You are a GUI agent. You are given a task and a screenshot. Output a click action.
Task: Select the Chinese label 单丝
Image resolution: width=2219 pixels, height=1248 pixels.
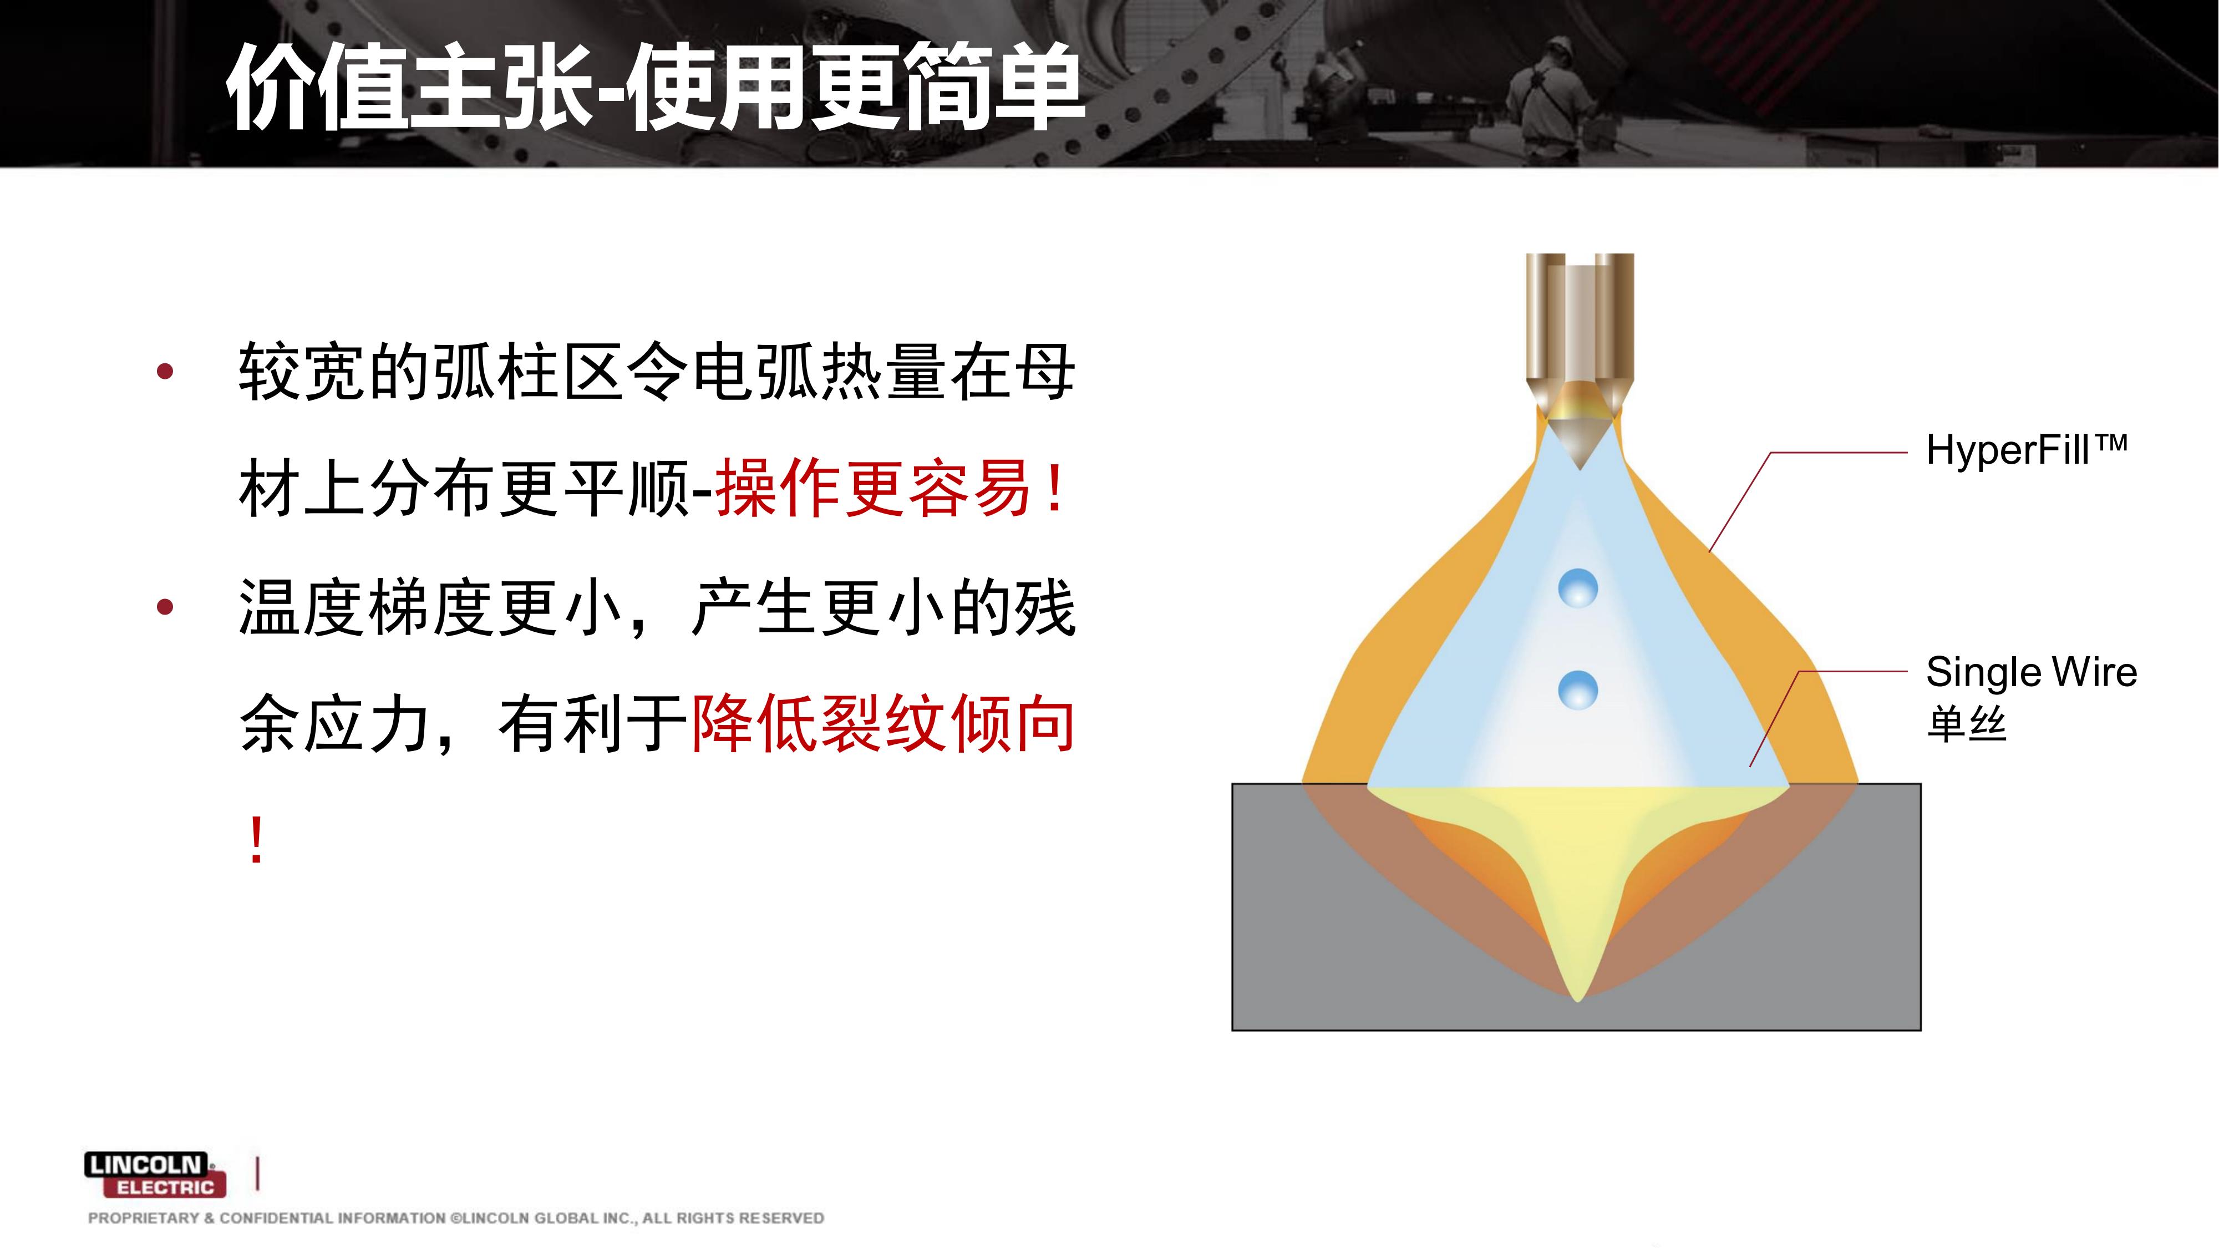coord(1967,723)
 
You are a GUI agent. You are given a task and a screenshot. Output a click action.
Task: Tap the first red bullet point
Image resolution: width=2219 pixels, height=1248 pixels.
coord(165,372)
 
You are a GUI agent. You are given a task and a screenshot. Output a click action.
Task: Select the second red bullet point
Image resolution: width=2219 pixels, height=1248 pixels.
coord(165,607)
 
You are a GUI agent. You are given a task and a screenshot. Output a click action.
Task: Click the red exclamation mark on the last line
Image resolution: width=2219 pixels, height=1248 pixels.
coord(256,841)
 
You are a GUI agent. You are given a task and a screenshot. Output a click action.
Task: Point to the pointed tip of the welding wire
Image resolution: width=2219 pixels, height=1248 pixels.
coord(1579,469)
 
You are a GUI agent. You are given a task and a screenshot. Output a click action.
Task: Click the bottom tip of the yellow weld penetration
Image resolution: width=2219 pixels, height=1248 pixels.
coord(1577,1000)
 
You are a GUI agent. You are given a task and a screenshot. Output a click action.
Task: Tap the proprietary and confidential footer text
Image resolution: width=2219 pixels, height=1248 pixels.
coord(456,1218)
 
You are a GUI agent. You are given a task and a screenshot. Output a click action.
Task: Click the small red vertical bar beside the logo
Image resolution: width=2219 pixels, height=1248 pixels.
coord(258,1174)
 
